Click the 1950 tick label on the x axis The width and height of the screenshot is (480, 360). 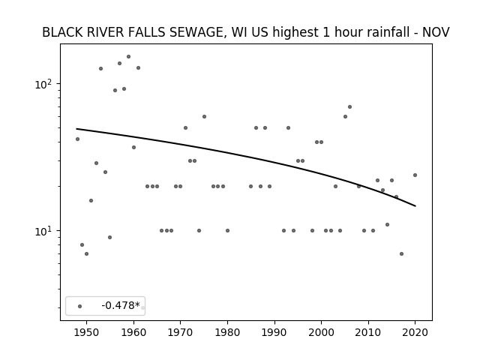pos(87,332)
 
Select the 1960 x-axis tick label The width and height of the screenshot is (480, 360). pos(133,332)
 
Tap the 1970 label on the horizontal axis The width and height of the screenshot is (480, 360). pos(180,332)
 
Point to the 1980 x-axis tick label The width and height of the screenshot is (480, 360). pos(227,332)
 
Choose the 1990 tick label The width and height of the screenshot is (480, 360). pos(274,332)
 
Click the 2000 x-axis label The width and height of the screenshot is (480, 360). pos(321,332)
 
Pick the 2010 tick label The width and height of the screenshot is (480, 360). pos(368,332)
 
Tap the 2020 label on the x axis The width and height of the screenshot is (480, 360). pos(415,332)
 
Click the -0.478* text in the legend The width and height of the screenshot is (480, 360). pos(121,305)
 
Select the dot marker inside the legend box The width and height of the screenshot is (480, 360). pos(80,306)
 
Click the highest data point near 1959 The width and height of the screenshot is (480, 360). pos(128,57)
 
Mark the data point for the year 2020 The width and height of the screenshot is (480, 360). pos(415,175)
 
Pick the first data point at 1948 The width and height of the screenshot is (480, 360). pos(77,139)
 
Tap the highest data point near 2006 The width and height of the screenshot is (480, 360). pos(349,106)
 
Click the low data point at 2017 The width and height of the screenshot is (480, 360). pos(401,253)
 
